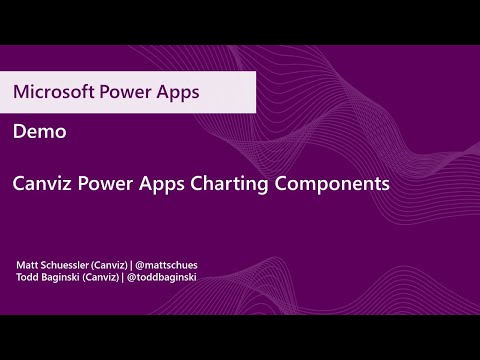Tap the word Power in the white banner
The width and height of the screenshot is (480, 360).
pos(125,92)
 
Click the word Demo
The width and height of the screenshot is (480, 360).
pos(33,131)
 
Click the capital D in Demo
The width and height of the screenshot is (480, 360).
pos(19,131)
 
